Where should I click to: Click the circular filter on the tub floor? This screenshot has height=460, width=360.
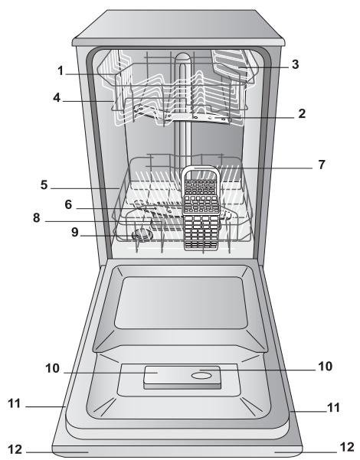140,237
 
